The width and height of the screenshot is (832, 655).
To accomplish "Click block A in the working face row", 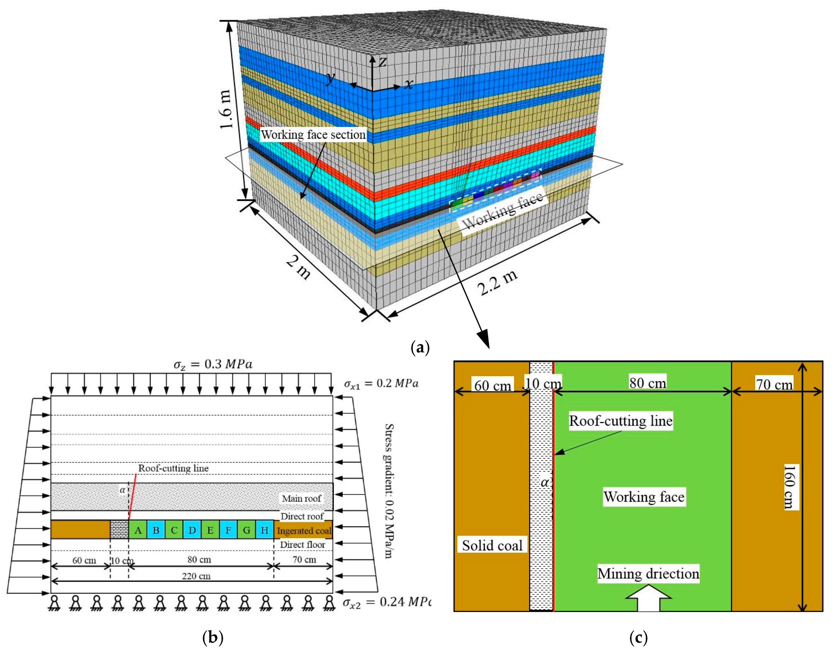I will pyautogui.click(x=138, y=530).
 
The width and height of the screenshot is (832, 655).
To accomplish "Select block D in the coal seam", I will pyautogui.click(x=192, y=530).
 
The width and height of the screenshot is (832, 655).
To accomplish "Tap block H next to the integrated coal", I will pyautogui.click(x=265, y=530).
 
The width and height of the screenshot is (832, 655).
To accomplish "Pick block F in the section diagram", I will pyautogui.click(x=228, y=530).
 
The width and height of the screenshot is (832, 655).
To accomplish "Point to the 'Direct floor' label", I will pyautogui.click(x=302, y=545).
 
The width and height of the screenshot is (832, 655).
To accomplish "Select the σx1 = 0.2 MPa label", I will pyautogui.click(x=381, y=384).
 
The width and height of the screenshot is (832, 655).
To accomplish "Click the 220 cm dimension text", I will pyautogui.click(x=196, y=576).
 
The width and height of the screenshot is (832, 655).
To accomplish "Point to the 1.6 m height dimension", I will pyautogui.click(x=226, y=109).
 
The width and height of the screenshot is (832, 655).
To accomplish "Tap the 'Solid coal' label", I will pyautogui.click(x=492, y=545).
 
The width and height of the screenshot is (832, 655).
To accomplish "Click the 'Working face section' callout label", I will pyautogui.click(x=313, y=135).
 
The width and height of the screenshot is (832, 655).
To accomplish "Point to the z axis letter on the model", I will pyautogui.click(x=382, y=61).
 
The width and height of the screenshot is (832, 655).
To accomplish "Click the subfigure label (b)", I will pyautogui.click(x=212, y=637).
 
